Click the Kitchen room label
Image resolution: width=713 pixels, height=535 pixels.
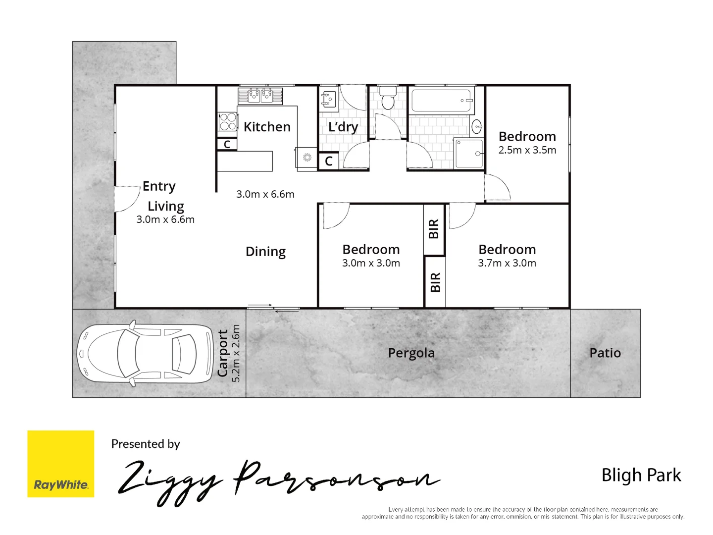[x=267, y=127]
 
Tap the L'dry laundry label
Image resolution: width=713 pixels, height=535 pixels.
[x=343, y=127]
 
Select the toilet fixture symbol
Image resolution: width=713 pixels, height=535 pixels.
[x=388, y=98]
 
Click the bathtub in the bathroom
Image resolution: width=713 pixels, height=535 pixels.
[x=441, y=101]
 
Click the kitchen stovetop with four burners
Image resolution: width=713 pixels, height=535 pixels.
[x=228, y=122]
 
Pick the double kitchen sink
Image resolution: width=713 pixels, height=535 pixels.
[x=260, y=95]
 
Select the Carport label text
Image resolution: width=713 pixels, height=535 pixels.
[x=223, y=353]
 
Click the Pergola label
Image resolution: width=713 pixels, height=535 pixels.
[x=411, y=353]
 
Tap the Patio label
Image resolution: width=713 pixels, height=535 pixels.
[x=605, y=353]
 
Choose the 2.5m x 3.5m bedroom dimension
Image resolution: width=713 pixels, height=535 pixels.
[x=527, y=150]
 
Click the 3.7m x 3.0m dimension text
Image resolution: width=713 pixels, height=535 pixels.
[x=507, y=263]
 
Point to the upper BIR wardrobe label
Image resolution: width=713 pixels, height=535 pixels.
[x=434, y=229]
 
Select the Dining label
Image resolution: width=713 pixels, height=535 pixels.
[x=265, y=252]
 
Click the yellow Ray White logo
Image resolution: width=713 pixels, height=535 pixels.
[x=60, y=464]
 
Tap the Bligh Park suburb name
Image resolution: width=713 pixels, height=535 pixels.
[x=641, y=475]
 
